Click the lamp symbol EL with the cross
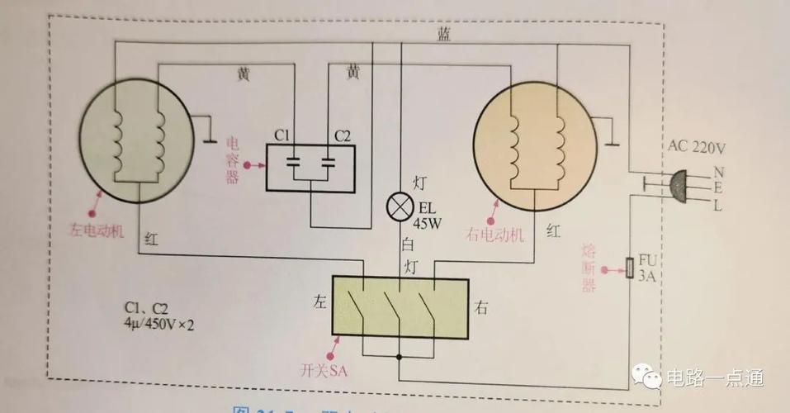coord(400,207)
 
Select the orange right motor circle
coord(534,142)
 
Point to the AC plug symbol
coord(679,188)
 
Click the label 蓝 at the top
coord(443,34)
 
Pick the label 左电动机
coord(92,230)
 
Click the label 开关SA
coord(319,372)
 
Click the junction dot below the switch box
coord(400,358)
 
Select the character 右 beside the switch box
coord(482,308)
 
